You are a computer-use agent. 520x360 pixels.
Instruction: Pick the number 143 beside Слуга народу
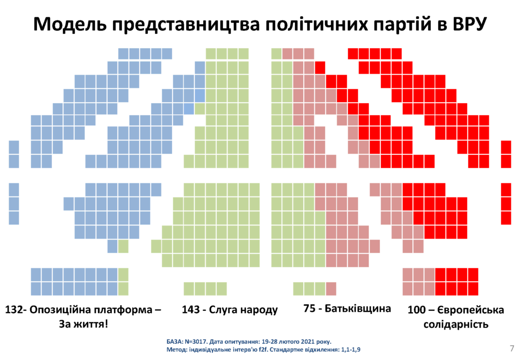tap(191, 310)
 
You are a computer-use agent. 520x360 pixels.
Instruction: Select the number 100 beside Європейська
tap(416, 310)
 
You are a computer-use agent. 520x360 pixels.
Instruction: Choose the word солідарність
tap(456, 323)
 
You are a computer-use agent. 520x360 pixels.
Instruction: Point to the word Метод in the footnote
tap(176, 350)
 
